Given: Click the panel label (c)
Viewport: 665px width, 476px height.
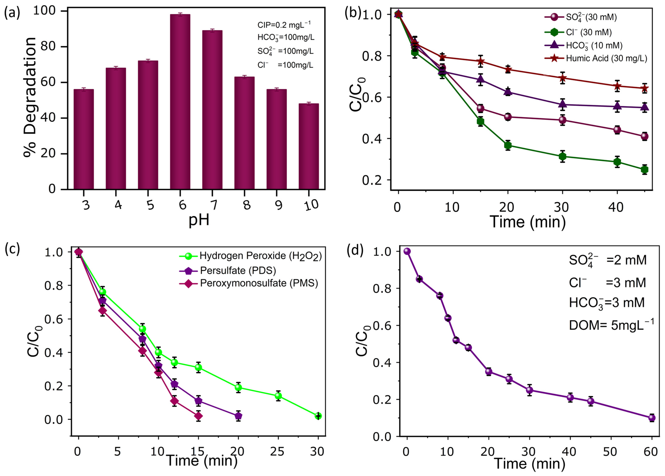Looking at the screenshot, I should pos(12,248).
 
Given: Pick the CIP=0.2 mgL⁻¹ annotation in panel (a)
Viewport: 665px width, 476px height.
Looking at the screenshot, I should pos(284,25).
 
